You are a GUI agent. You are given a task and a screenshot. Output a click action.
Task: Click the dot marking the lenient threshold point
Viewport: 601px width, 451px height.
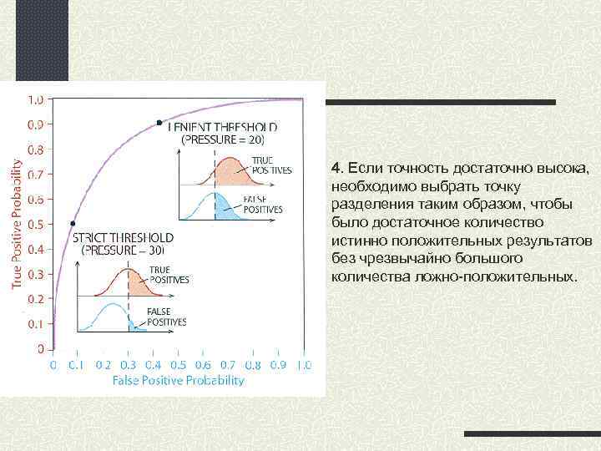point(159,123)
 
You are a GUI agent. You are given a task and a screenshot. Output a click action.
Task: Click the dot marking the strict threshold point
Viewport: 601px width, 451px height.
point(73,223)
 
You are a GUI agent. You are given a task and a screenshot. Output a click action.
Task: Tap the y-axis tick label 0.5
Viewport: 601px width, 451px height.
point(38,224)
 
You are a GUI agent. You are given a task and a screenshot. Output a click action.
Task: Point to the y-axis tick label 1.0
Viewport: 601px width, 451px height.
point(38,99)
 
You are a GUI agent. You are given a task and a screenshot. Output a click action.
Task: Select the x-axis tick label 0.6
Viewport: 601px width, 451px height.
point(203,365)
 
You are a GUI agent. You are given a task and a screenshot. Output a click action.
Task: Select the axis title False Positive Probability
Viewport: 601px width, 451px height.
point(178,381)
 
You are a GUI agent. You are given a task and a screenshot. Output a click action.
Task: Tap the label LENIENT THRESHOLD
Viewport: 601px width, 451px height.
point(223,128)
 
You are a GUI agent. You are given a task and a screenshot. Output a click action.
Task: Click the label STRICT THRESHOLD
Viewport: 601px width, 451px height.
point(124,237)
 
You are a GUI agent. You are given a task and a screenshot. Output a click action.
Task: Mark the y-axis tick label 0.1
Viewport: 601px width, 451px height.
point(38,323)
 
